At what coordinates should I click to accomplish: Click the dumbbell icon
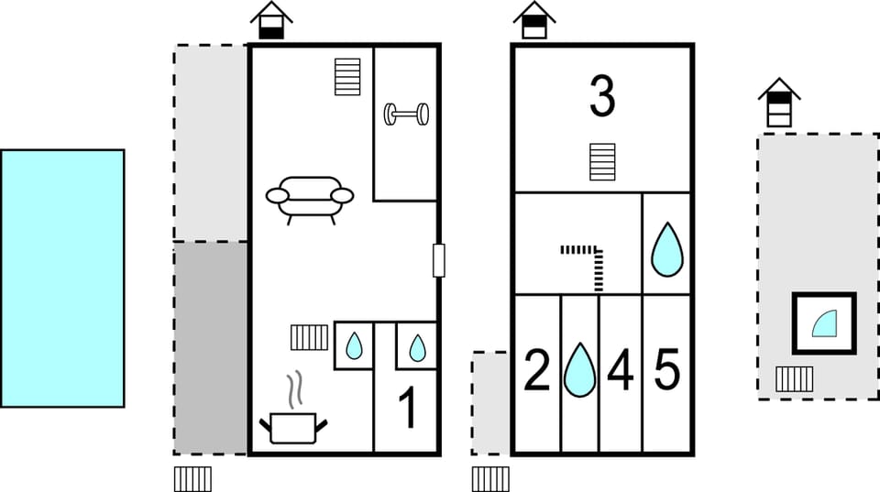tap(406, 114)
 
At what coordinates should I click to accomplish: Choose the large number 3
tap(601, 98)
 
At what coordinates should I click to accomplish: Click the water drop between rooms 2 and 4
tap(579, 369)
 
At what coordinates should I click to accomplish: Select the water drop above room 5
tap(667, 249)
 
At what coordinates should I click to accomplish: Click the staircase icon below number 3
tap(602, 162)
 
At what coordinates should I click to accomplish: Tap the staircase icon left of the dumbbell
tap(347, 77)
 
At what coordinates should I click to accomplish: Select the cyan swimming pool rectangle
tap(62, 278)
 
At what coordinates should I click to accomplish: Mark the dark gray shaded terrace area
tap(211, 347)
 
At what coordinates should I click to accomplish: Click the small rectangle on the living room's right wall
tap(438, 260)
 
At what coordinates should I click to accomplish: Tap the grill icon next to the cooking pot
tap(309, 337)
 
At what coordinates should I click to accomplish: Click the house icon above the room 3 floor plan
tap(533, 20)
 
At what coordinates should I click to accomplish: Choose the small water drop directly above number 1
tap(417, 347)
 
